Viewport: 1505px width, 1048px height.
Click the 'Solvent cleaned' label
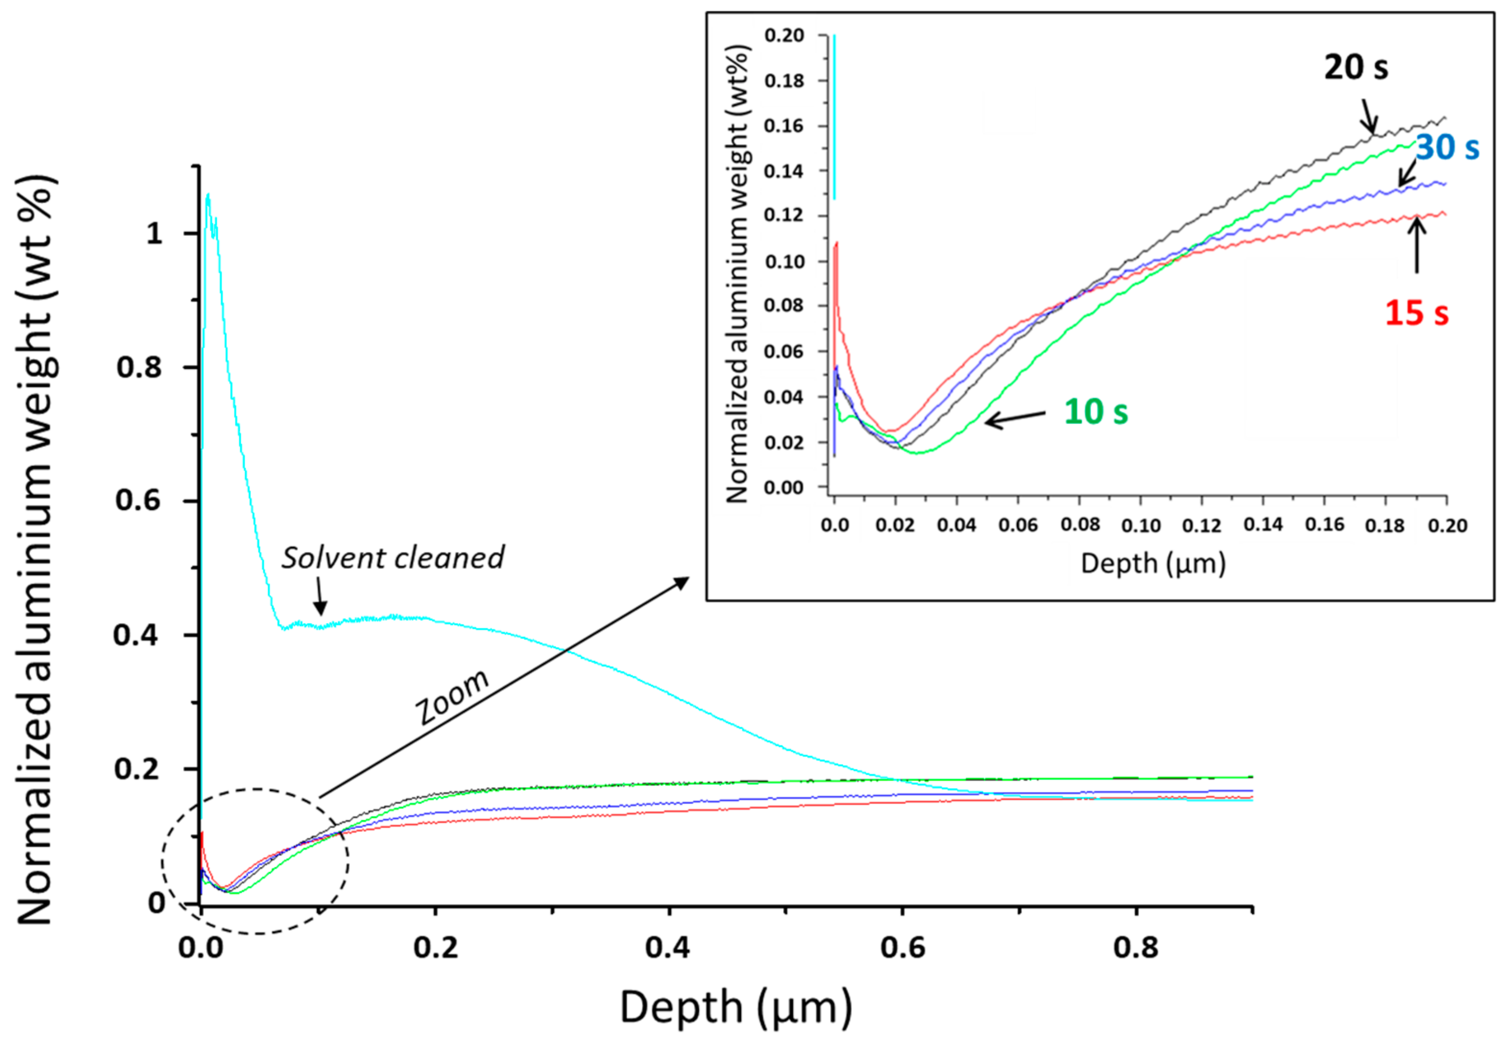click(x=393, y=559)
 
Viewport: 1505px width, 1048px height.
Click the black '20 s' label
click(x=1356, y=68)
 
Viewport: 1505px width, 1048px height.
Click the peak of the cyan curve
click(x=208, y=194)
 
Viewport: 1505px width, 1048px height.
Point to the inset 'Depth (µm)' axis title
click(x=1152, y=563)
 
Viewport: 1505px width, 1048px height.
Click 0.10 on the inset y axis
click(x=784, y=262)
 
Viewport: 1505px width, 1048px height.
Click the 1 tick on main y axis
click(x=154, y=234)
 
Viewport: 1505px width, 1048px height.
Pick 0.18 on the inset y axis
click(x=784, y=81)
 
